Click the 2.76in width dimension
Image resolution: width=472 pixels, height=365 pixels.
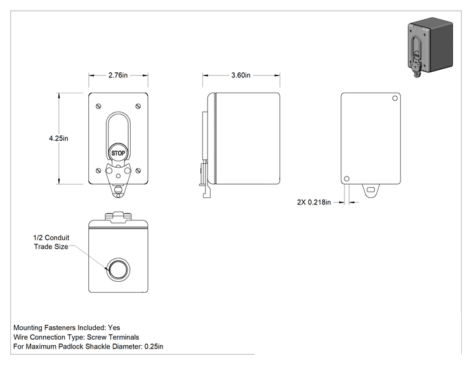click(118, 76)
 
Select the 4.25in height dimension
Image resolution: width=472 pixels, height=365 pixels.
click(58, 138)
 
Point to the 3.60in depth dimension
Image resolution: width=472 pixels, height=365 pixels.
click(240, 76)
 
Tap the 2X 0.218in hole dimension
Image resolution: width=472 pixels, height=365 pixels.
click(314, 202)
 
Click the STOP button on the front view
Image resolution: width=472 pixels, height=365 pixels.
click(118, 153)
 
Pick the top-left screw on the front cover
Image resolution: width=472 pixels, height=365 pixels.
click(98, 106)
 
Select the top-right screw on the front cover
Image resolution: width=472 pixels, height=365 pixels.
click(138, 106)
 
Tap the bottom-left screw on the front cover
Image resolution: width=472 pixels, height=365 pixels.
click(98, 171)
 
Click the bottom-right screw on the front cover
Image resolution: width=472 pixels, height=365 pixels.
click(138, 171)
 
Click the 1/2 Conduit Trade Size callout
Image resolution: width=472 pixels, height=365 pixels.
click(51, 242)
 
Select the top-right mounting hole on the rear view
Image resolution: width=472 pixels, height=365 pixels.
click(395, 98)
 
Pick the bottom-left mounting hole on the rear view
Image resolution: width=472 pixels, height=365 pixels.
click(346, 178)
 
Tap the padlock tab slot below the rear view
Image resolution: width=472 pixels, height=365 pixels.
click(371, 190)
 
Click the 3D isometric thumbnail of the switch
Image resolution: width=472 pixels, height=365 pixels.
click(430, 47)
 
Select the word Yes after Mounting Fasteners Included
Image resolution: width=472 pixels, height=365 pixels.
click(114, 328)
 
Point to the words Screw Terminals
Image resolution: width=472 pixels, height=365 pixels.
click(113, 337)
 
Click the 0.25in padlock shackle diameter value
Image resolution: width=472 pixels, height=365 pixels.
click(154, 347)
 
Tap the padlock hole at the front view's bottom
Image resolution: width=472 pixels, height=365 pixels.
click(118, 190)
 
